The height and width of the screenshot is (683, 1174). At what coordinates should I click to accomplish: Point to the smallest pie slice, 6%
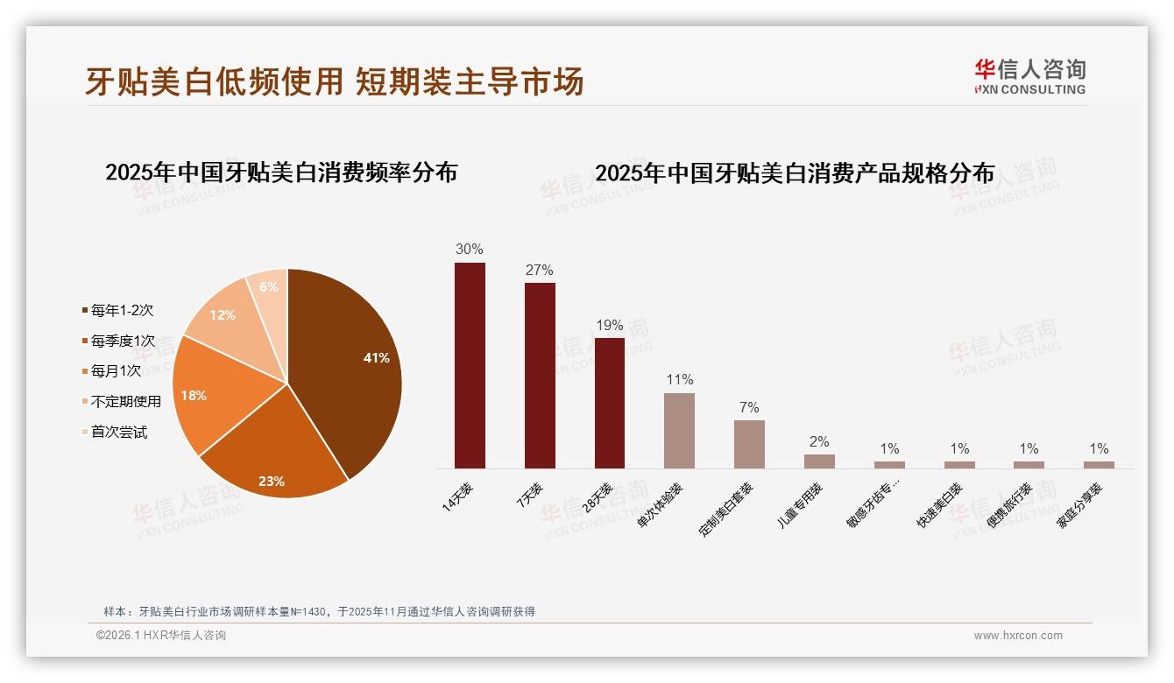[x=269, y=288]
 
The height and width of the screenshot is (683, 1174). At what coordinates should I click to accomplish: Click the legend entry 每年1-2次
[x=122, y=311]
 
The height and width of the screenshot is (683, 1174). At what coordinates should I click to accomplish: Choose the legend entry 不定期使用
[x=125, y=402]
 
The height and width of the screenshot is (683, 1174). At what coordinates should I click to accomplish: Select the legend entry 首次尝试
[x=118, y=433]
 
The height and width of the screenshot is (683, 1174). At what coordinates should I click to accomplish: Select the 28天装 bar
[x=610, y=403]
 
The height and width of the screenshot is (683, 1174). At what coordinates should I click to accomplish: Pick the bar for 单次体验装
[x=679, y=430]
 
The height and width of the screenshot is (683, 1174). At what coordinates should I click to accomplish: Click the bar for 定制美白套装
[x=749, y=444]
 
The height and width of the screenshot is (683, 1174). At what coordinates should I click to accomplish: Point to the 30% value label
[x=470, y=250]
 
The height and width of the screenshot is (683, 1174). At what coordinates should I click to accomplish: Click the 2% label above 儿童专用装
[x=819, y=442]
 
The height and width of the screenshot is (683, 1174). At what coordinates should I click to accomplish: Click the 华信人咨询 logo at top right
[x=1029, y=76]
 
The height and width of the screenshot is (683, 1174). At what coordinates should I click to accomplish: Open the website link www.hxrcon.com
[x=1018, y=636]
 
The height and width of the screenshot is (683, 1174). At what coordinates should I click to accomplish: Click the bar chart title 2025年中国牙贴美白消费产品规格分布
[x=795, y=173]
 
